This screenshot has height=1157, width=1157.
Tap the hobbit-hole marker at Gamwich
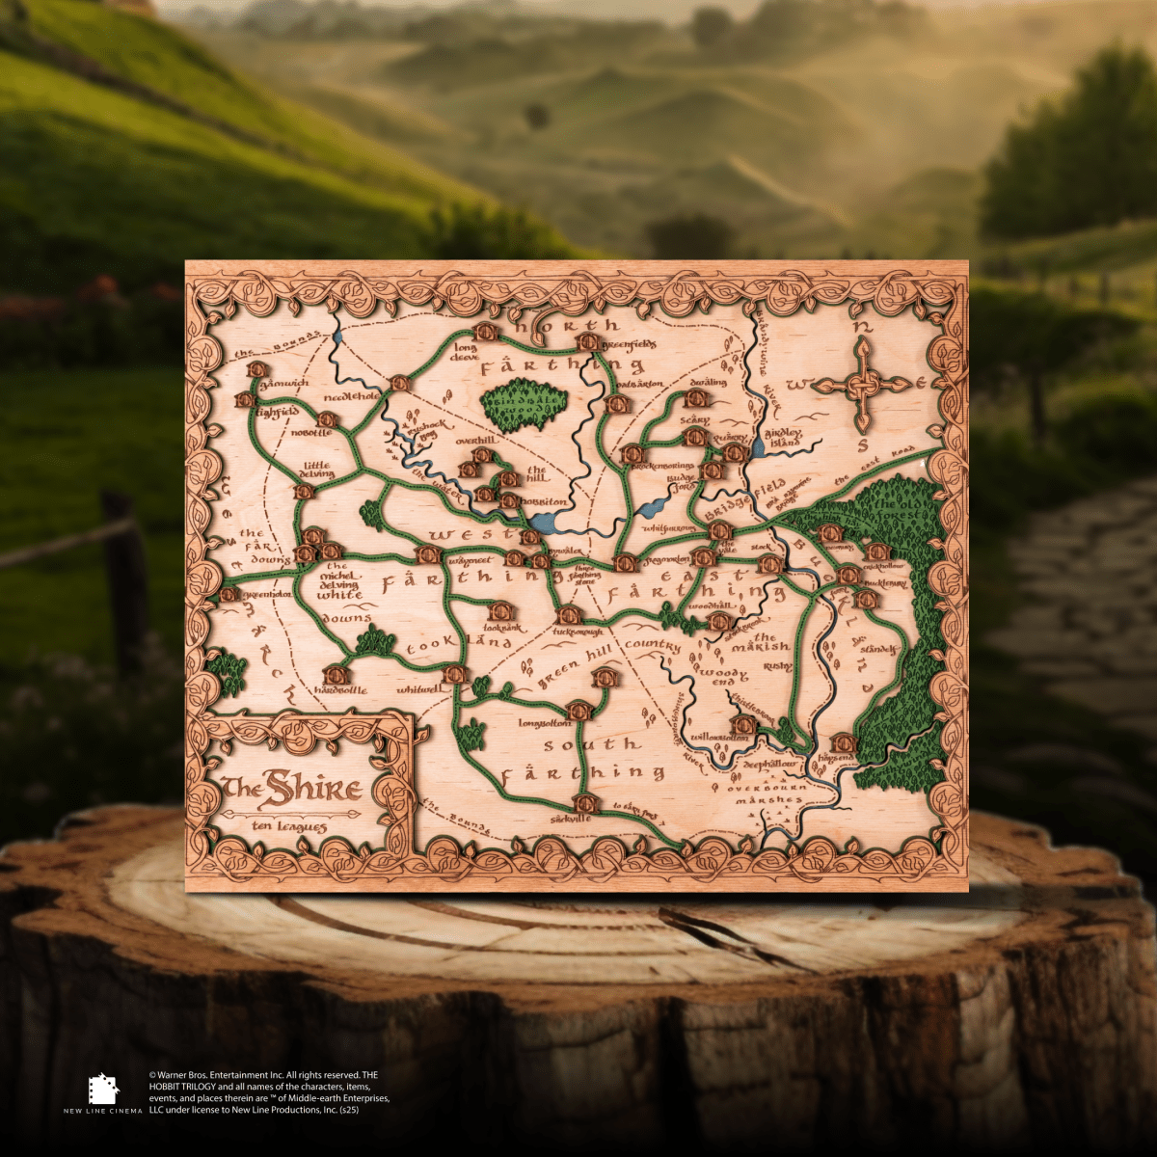coord(256,369)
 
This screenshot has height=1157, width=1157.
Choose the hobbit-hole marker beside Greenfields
coord(587,342)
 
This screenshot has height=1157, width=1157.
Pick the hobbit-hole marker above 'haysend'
coord(844,742)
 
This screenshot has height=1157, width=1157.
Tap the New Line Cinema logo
coord(103,1091)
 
